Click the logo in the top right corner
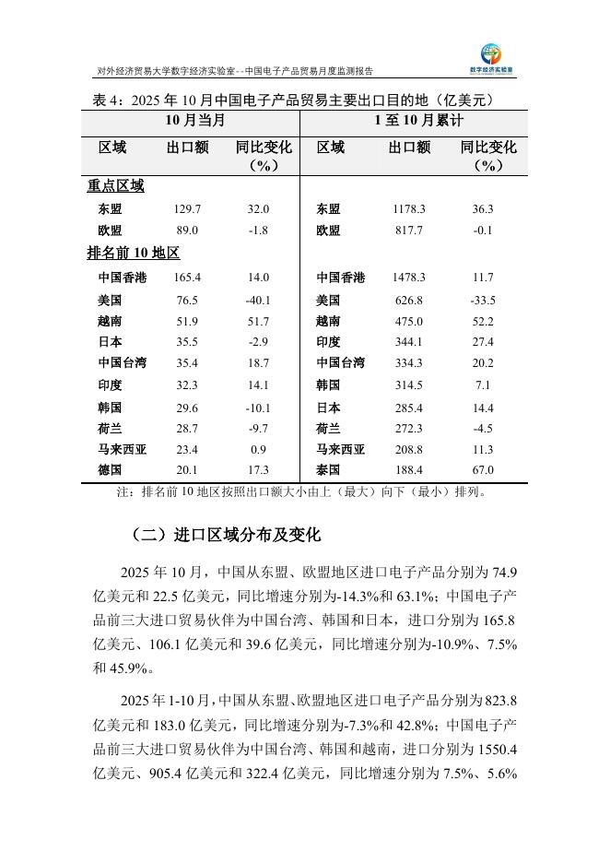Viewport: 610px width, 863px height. [499, 57]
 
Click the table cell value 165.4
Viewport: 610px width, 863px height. [187, 278]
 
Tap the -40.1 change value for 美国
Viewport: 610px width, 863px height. [258, 300]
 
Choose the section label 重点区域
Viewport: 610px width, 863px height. [115, 185]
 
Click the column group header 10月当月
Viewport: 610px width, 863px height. [194, 121]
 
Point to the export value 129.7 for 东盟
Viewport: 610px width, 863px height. [187, 209]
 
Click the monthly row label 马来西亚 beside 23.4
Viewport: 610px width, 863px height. [122, 449]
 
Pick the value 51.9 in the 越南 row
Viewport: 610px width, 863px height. [187, 321]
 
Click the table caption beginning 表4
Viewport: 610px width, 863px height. [295, 99]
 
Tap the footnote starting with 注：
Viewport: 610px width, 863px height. [301, 491]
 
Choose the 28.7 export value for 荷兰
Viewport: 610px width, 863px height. [187, 428]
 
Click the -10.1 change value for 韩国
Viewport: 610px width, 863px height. [258, 407]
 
